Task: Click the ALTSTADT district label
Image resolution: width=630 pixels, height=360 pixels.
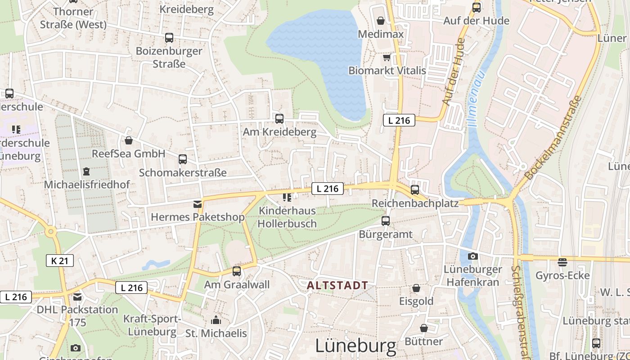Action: [x=337, y=285]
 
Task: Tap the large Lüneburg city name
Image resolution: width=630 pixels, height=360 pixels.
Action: [x=355, y=346]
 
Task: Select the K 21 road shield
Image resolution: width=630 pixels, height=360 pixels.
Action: [x=60, y=261]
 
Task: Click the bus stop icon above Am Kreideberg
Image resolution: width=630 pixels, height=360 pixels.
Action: [x=279, y=119]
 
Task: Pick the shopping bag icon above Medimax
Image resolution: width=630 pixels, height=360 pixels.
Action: [x=381, y=21]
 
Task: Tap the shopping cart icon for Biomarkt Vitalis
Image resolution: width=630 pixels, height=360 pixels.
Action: [x=387, y=57]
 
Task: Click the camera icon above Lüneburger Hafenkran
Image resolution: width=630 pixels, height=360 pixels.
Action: [x=473, y=256]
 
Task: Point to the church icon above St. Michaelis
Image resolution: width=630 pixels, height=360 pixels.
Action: [x=216, y=320]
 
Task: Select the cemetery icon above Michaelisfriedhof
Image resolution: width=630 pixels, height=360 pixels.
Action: [x=86, y=171]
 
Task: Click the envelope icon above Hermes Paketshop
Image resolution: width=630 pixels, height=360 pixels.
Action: [x=197, y=204]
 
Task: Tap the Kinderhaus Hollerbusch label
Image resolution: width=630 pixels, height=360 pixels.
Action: [x=287, y=217]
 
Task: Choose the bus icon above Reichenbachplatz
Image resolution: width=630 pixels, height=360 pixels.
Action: [x=415, y=190]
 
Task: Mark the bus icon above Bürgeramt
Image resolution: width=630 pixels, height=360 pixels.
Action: [x=386, y=221]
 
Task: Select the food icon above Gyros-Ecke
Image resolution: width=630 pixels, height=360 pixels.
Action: [x=562, y=262]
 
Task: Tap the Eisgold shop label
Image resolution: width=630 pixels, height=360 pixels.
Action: [x=416, y=301]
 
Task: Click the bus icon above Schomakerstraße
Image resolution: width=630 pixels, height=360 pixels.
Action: [x=183, y=159]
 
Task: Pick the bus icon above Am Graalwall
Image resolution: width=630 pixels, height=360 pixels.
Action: [x=237, y=271]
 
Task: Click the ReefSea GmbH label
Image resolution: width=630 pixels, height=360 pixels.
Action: [x=128, y=153]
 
